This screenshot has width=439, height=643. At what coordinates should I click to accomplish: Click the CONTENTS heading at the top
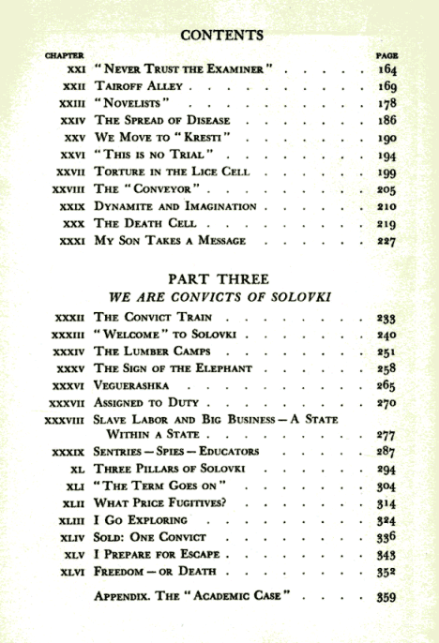tap(219, 37)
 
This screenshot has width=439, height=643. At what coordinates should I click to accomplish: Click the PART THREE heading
tap(219, 279)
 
